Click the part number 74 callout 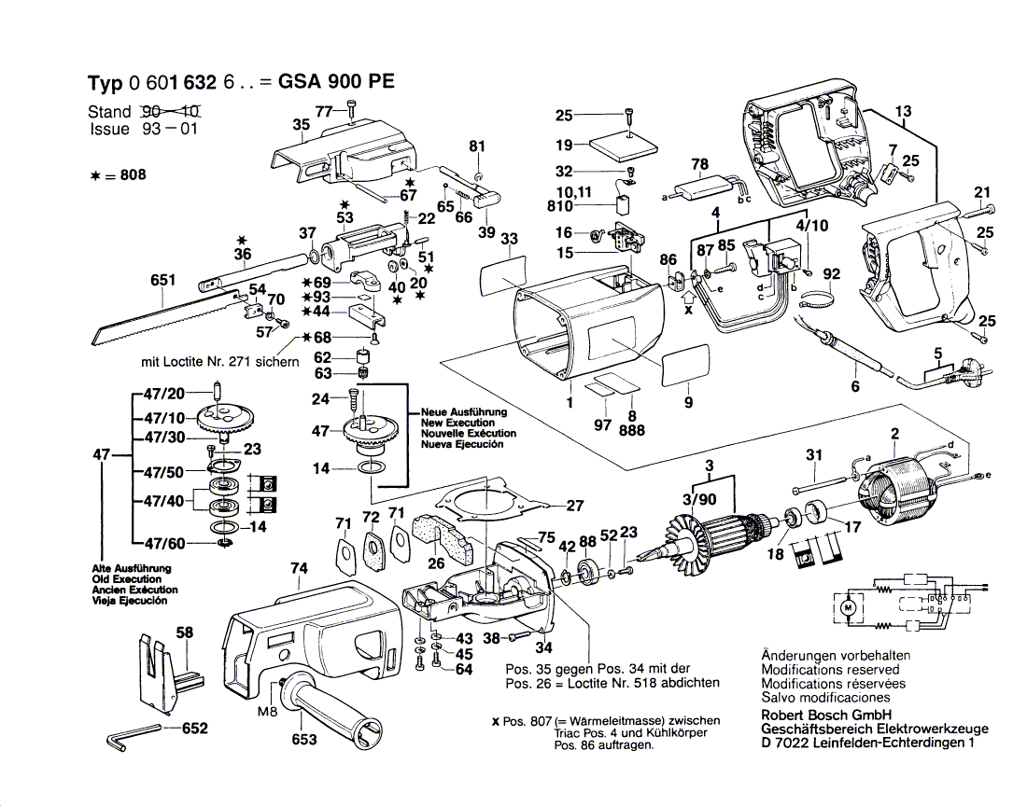299,568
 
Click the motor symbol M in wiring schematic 848,607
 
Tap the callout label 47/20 163,393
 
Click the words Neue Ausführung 463,411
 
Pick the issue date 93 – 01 170,130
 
